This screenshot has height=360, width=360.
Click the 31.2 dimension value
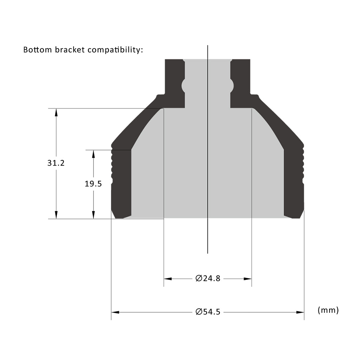coord(56,163)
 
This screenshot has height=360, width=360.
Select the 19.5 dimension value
coord(93,184)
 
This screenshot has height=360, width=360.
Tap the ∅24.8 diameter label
coord(208,279)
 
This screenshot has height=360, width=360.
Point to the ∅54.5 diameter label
coord(208,312)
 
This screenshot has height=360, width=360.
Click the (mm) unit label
coord(328,310)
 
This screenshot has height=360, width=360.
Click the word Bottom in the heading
coord(38,50)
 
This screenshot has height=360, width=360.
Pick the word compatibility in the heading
coord(115,50)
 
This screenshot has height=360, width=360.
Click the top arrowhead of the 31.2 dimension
coord(56,112)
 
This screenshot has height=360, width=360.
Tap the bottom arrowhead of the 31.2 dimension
coord(56,215)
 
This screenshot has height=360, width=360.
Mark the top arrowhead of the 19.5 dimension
coord(93,154)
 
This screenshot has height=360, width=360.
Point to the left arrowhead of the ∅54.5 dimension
coord(115,312)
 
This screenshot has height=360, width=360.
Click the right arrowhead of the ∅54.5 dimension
coord(300,312)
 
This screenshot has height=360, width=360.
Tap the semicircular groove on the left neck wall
coord(183,85)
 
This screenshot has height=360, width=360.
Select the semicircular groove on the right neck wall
coord(232,85)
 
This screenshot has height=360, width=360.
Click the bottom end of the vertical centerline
coord(208,252)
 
